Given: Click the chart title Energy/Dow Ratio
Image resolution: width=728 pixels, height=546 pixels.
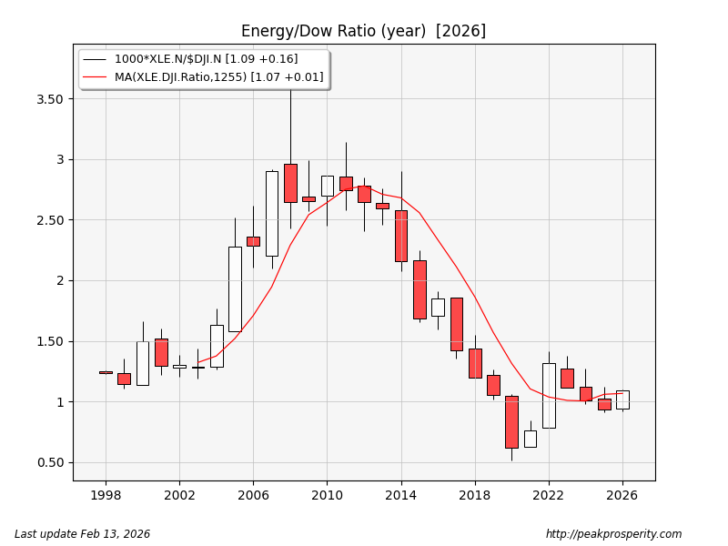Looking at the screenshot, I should [363, 31].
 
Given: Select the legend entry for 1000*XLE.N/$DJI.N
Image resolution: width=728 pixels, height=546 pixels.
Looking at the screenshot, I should [206, 59].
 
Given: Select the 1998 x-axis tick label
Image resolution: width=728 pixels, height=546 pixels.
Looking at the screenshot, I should [106, 496].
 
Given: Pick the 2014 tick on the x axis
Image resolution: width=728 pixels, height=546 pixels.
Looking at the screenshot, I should [400, 496].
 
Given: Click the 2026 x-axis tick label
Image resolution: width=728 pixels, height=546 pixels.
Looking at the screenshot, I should [622, 496].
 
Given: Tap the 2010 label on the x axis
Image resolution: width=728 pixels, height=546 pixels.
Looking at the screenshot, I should [327, 496].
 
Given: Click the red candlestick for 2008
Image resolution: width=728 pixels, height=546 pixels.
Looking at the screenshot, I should [290, 183].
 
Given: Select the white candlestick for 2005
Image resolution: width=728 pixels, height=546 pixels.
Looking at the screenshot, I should [235, 288].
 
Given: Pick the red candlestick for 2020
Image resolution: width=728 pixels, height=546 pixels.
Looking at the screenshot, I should [511, 421].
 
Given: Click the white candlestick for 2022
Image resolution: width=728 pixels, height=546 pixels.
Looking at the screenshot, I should [549, 395].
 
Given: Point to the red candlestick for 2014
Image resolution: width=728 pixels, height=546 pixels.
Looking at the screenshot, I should [401, 236].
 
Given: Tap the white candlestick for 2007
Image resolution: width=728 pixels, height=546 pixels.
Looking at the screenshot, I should [272, 213].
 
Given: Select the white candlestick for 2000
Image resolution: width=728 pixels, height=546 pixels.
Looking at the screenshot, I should [143, 363].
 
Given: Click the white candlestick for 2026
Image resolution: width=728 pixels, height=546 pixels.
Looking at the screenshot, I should [622, 399].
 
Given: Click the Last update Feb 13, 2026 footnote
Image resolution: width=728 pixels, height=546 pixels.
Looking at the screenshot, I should [82, 534].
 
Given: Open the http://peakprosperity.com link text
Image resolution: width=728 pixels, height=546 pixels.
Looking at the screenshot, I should [613, 534].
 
